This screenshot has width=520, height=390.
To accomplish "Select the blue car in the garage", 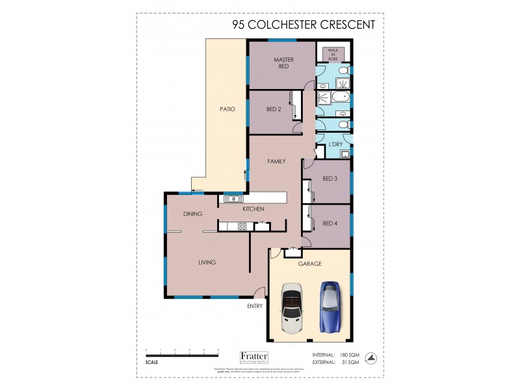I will (330, 305).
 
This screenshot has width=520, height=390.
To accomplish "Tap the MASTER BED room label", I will (283, 63).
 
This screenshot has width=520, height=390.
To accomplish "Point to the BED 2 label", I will (274, 109).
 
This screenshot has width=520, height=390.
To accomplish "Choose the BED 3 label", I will (330, 179).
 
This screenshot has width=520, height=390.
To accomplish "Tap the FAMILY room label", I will (277, 161).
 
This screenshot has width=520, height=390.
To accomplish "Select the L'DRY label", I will (335, 144).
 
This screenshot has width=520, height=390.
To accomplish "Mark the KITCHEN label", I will (252, 209).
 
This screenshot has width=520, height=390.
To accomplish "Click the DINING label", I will (192, 213).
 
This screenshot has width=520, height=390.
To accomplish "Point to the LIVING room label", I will (207, 263).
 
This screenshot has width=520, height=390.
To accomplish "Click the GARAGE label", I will (310, 265).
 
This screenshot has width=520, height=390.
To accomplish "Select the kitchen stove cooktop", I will (242, 226).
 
